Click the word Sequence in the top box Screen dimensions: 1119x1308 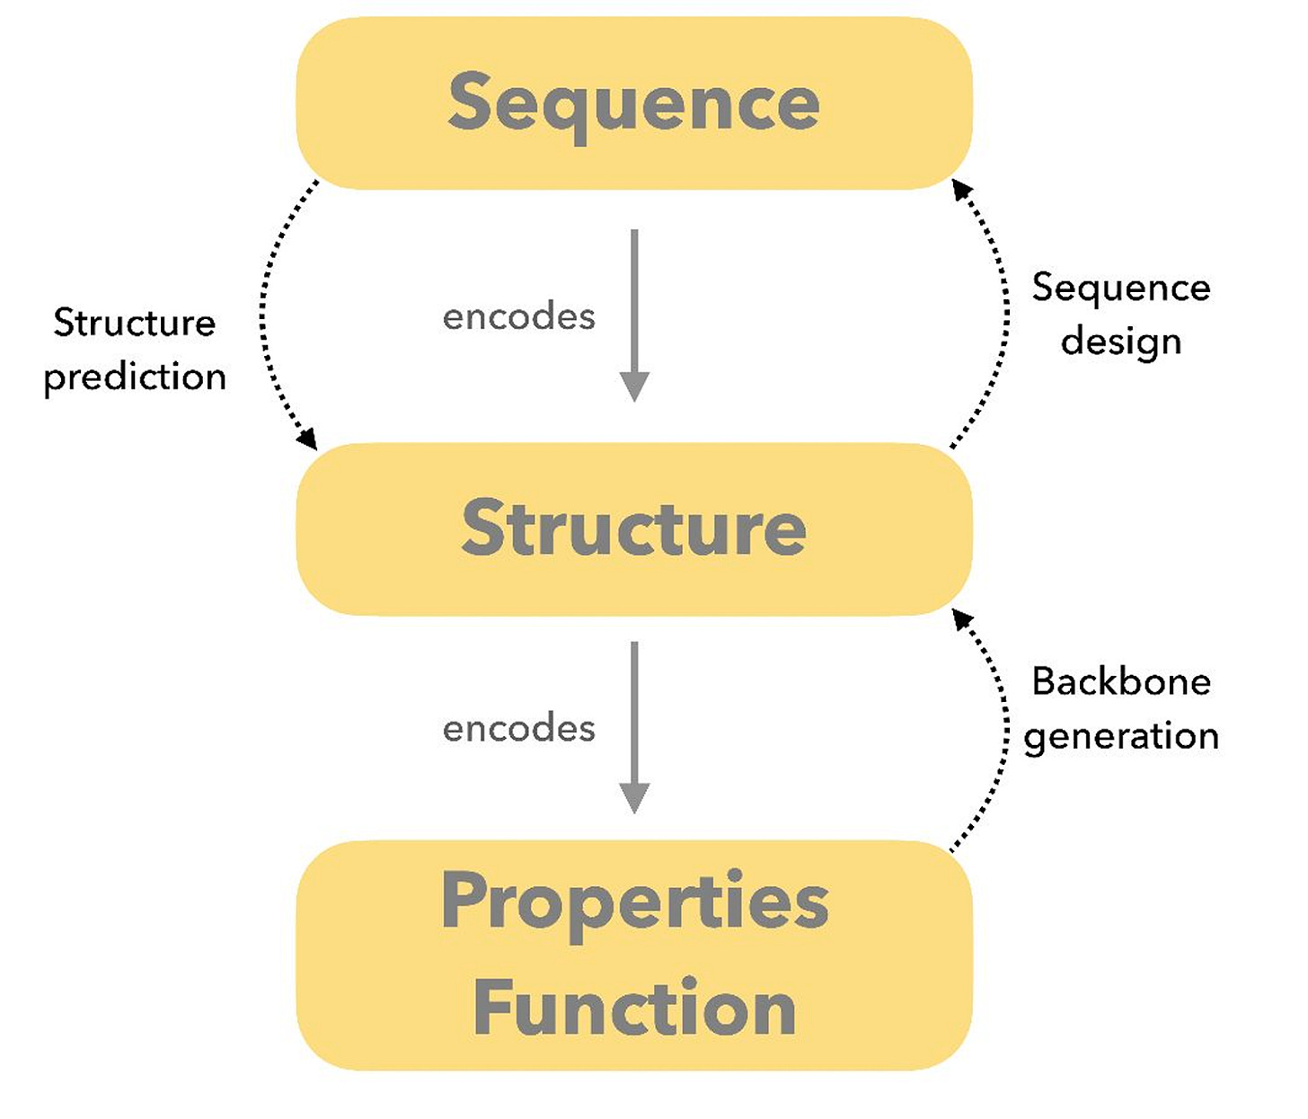pyautogui.click(x=633, y=103)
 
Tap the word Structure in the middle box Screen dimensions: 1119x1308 pyautogui.click(x=633, y=528)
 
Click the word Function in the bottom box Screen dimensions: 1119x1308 pyautogui.click(x=634, y=1008)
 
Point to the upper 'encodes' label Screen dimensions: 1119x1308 pyautogui.click(x=518, y=316)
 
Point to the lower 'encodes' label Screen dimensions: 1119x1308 pyautogui.click(x=518, y=728)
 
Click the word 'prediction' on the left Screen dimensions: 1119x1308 pyautogui.click(x=135, y=377)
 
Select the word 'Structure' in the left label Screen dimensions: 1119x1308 pyautogui.click(x=135, y=323)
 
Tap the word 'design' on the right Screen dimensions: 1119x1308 pyautogui.click(x=1121, y=342)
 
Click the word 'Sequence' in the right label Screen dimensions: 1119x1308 pyautogui.click(x=1121, y=289)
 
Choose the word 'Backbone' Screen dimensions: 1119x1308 pyautogui.click(x=1121, y=681)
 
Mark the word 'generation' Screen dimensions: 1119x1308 pyautogui.click(x=1121, y=737)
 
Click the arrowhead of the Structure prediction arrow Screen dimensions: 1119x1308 pyautogui.click(x=308, y=440)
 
